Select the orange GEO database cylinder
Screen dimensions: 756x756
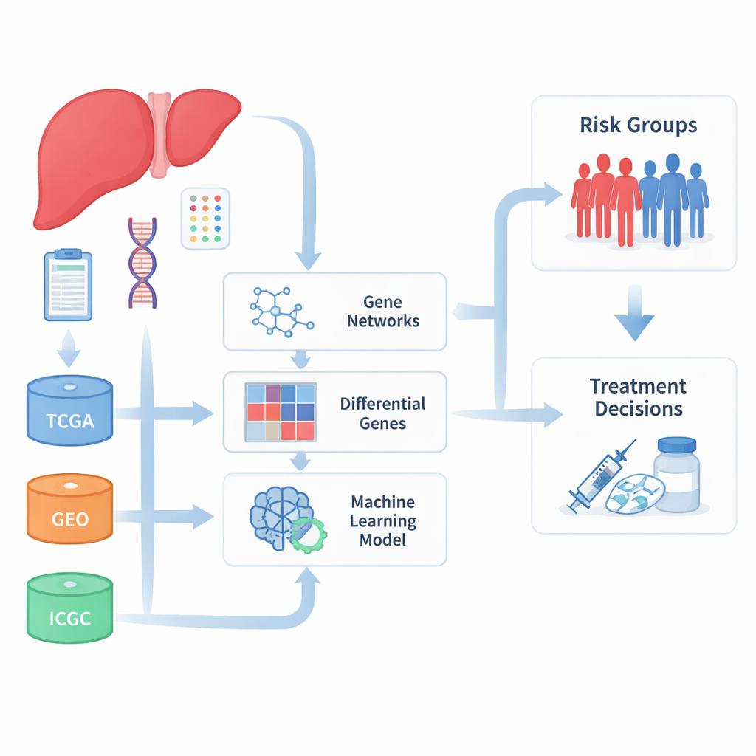(x=69, y=509)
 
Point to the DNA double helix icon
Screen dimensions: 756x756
(x=143, y=262)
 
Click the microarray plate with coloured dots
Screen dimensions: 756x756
(x=205, y=218)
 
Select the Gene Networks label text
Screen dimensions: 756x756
(x=382, y=312)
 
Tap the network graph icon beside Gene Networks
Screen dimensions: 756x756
(x=280, y=311)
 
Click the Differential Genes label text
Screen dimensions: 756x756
(x=382, y=413)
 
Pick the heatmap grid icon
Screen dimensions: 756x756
(x=280, y=411)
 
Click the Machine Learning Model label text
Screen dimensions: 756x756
(x=382, y=520)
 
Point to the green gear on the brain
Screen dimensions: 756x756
(x=309, y=536)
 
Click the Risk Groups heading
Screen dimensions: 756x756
(x=638, y=125)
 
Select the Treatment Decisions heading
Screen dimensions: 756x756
(x=638, y=397)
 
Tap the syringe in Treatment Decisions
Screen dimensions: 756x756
(x=600, y=475)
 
